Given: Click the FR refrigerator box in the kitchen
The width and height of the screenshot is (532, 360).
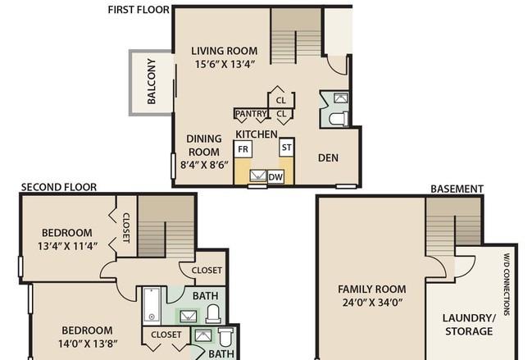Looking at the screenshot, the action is (243, 149).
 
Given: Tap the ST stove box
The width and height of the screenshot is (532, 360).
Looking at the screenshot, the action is (286, 148).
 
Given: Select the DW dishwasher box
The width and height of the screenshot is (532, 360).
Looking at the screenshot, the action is (275, 177).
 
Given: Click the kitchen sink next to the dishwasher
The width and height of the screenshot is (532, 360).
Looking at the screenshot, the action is (258, 175).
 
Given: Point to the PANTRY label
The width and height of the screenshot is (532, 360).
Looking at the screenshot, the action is (251, 114).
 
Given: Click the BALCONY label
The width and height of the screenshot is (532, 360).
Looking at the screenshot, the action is (152, 81).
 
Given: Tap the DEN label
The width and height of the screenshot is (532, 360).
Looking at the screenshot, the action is (328, 157).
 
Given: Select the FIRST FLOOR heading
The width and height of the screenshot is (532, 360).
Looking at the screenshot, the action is (139, 10).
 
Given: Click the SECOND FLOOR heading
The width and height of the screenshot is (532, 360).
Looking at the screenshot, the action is (59, 187).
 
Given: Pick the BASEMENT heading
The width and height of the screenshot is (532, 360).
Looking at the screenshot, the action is (457, 189).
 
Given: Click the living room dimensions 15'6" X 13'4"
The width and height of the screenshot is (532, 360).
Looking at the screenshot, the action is (225, 64).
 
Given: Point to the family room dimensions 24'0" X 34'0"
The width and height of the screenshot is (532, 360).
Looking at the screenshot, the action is (372, 302).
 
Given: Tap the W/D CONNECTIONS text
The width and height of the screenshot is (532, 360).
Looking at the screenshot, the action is (507, 285).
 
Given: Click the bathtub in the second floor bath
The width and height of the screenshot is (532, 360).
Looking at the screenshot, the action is (152, 304).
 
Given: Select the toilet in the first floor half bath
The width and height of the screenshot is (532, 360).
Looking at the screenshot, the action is (339, 119).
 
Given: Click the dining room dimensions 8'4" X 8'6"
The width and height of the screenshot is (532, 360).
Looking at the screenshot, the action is (204, 165).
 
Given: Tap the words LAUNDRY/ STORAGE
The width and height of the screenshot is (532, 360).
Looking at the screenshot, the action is (469, 325).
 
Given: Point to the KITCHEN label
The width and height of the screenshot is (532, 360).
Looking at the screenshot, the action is (257, 134).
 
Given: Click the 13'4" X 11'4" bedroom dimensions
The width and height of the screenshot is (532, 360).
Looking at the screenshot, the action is (67, 246).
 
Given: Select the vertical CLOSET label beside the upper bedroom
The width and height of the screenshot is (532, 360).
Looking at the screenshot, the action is (125, 228).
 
